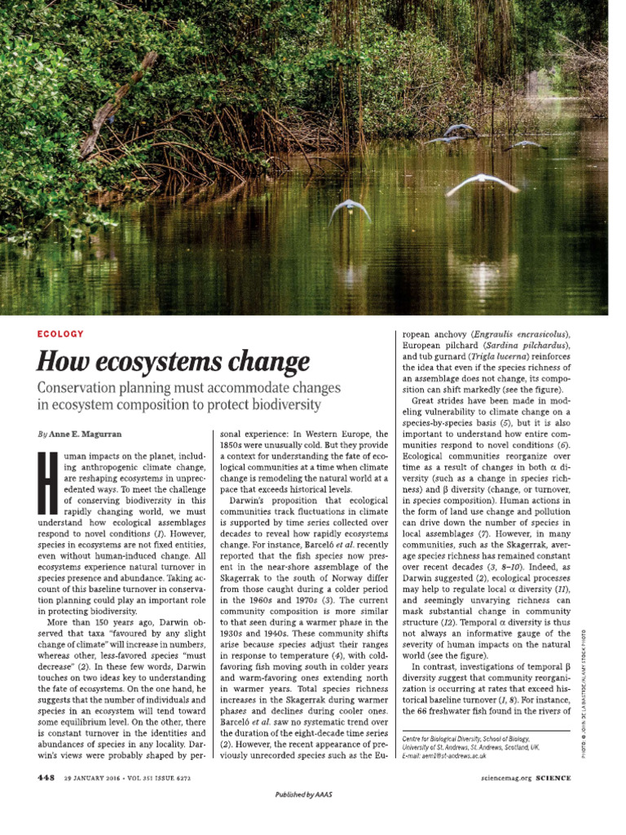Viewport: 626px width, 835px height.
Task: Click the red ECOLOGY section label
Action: pyautogui.click(x=60, y=334)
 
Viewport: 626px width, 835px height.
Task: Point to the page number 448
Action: pyautogui.click(x=46, y=778)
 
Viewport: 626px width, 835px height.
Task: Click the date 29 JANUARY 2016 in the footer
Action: pyautogui.click(x=95, y=778)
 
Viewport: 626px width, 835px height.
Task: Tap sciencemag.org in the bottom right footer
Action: pyautogui.click(x=507, y=778)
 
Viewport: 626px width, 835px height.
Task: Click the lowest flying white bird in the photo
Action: pyautogui.click(x=350, y=210)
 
